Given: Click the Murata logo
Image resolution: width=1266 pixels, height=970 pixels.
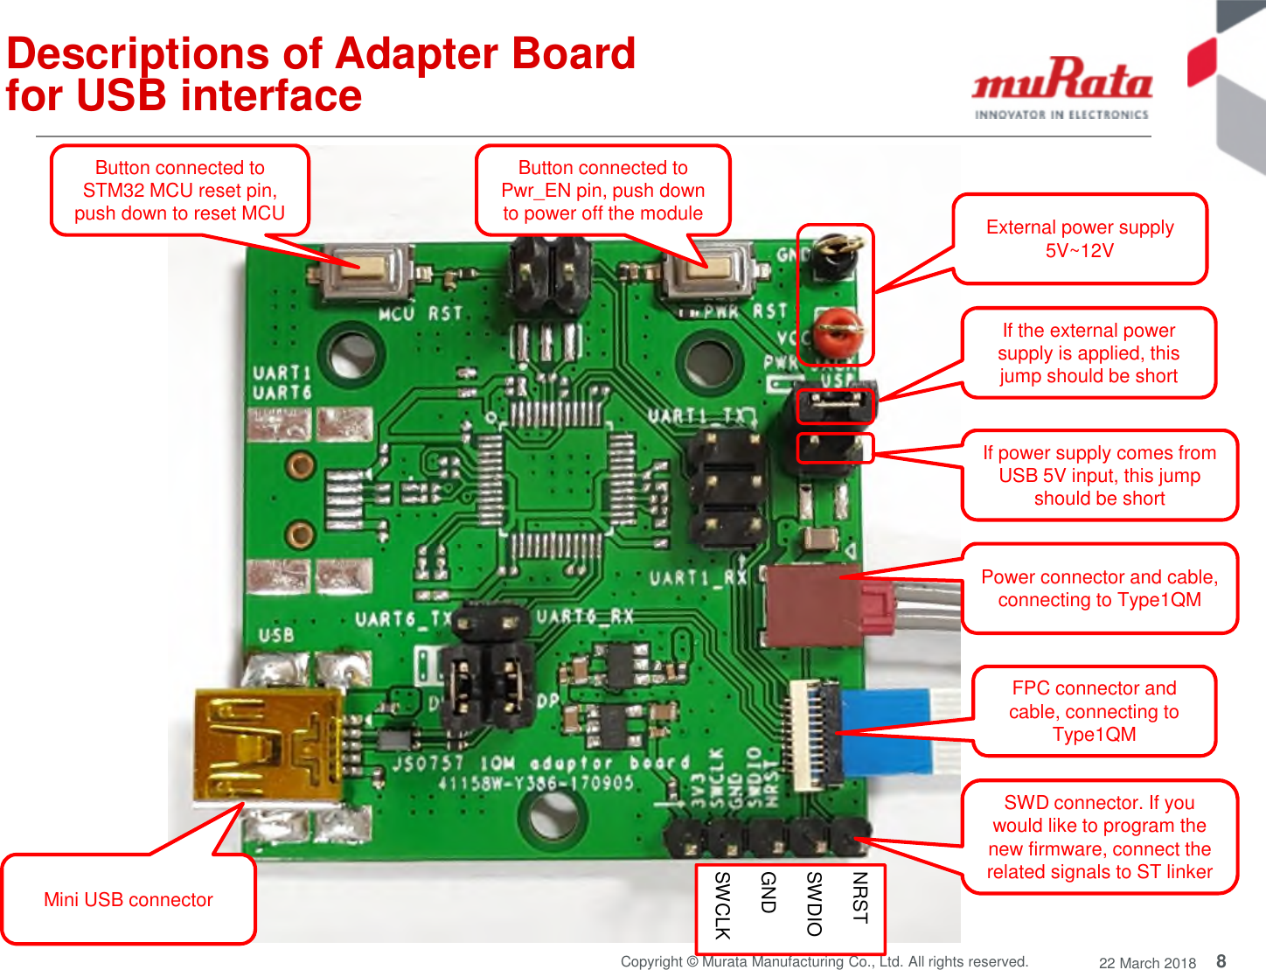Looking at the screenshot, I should coord(1061,87).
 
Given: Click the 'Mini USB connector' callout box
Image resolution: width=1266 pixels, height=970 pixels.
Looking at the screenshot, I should coord(129,899).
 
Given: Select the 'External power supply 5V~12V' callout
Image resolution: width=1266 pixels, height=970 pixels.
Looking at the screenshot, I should coord(1080,239).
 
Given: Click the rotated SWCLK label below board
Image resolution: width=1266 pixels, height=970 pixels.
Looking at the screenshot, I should coord(722,905).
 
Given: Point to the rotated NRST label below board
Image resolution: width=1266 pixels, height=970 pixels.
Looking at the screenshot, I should coord(859,897).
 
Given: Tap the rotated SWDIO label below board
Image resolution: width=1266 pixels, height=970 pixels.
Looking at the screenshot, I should coord(814,904).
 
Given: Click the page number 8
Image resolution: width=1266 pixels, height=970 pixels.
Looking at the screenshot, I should coord(1221,961).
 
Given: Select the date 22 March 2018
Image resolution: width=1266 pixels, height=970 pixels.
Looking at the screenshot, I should coord(1147,963).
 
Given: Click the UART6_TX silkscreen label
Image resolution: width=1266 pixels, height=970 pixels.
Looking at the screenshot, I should coord(402,619).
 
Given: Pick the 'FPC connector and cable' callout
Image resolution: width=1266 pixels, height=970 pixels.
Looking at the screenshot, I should coord(1094,711).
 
